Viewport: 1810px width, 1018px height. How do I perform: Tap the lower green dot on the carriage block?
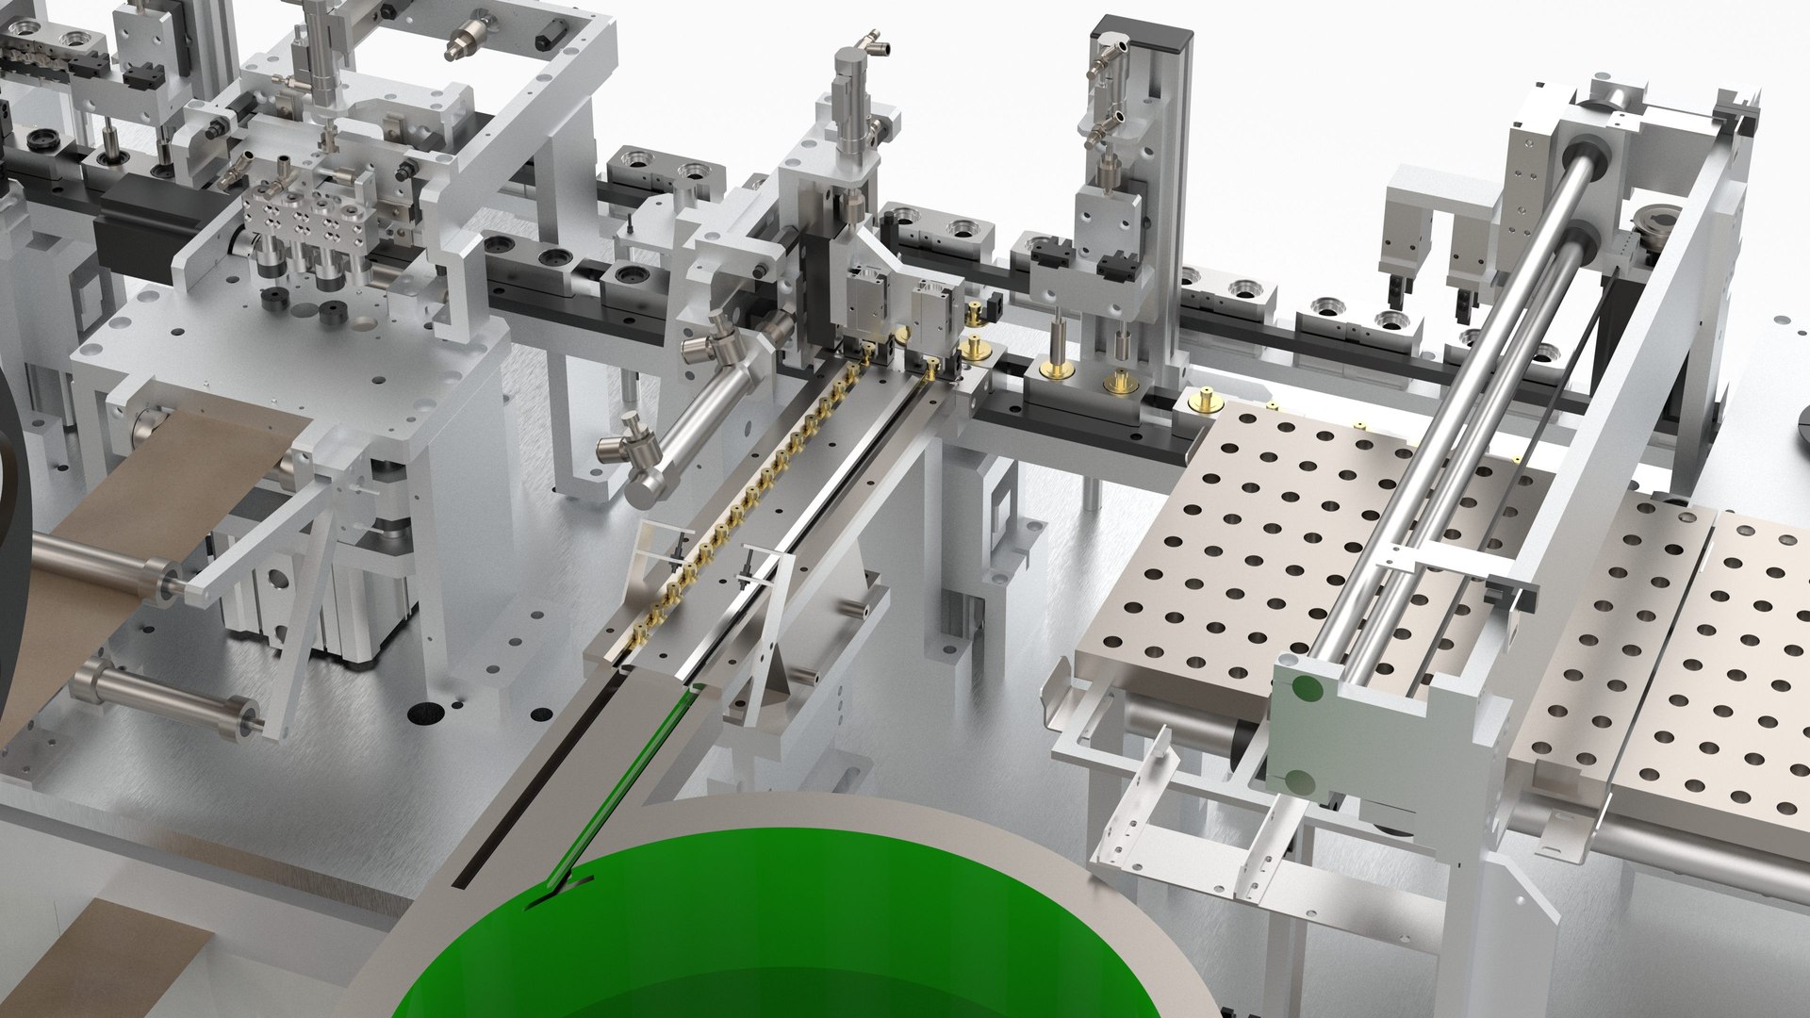click(1300, 781)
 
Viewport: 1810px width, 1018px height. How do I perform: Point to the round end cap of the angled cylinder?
click(645, 488)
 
